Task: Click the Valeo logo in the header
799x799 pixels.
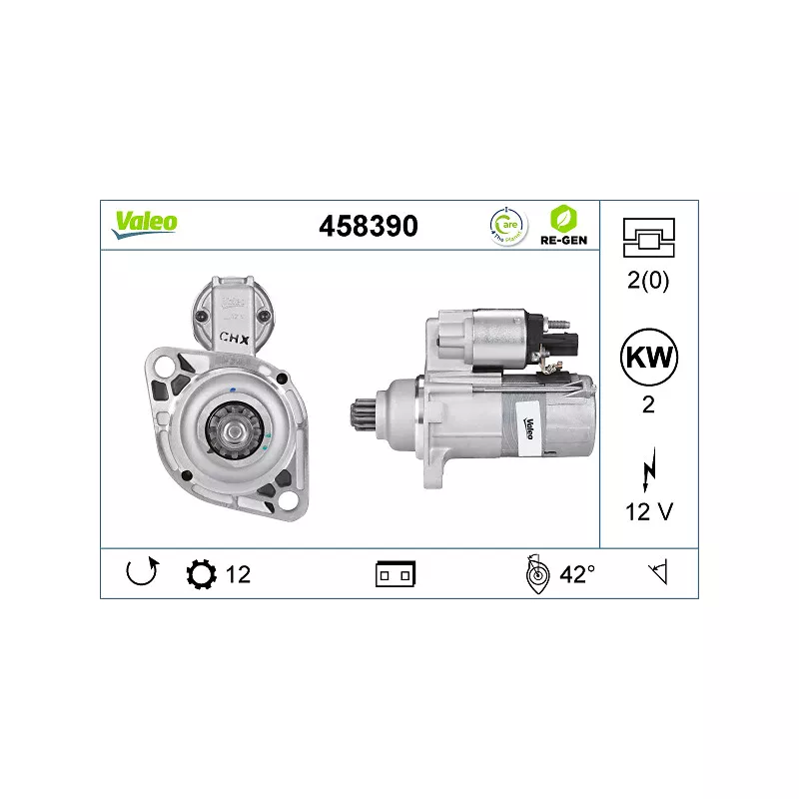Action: coord(145,223)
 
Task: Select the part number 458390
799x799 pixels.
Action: coord(368,226)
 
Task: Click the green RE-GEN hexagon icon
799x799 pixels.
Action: coord(564,218)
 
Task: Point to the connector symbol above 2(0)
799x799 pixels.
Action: coord(648,236)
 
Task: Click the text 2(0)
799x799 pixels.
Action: coord(648,280)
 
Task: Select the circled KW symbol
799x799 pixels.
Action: coord(648,357)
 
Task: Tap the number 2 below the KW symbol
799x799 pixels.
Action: coord(648,405)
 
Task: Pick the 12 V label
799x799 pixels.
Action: coord(648,512)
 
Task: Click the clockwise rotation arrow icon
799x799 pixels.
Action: coord(141,573)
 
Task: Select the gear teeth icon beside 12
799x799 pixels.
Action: coord(201,574)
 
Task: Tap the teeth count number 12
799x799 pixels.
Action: coord(238,574)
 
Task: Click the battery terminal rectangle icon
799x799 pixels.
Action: coord(396,574)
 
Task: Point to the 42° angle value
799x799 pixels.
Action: coord(576,574)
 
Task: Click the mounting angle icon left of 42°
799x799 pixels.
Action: coord(536,574)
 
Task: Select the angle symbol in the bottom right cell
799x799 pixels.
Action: coord(657,573)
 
